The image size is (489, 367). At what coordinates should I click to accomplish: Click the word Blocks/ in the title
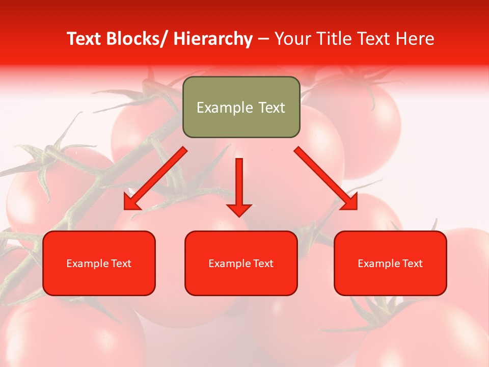(137, 39)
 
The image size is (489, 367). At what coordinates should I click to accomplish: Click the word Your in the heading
(292, 39)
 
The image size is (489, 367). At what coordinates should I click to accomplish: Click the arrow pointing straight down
(239, 183)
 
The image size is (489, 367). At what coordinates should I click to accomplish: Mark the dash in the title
(263, 40)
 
